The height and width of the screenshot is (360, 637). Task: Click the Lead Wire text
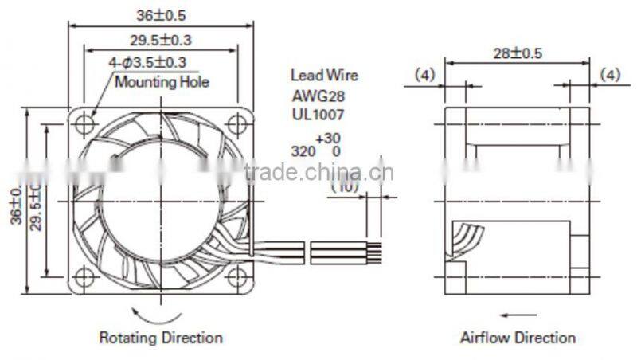point(323,76)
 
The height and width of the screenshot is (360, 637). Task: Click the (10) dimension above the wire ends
point(346,187)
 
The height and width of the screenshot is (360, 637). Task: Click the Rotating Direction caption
point(160,338)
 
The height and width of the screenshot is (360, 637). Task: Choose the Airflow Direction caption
point(517,338)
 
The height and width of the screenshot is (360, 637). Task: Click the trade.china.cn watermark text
point(318,173)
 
